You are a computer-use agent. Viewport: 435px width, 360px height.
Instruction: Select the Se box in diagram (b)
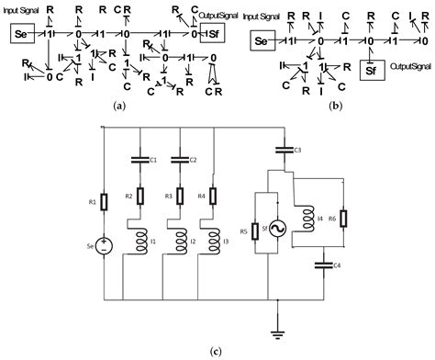click(x=263, y=41)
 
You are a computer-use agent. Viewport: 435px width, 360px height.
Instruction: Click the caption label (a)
click(x=117, y=107)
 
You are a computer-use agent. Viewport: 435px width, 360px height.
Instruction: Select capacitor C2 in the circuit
click(x=178, y=160)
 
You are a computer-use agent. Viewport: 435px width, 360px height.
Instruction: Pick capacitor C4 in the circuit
click(x=321, y=265)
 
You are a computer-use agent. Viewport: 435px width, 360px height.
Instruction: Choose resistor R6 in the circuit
click(x=342, y=218)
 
